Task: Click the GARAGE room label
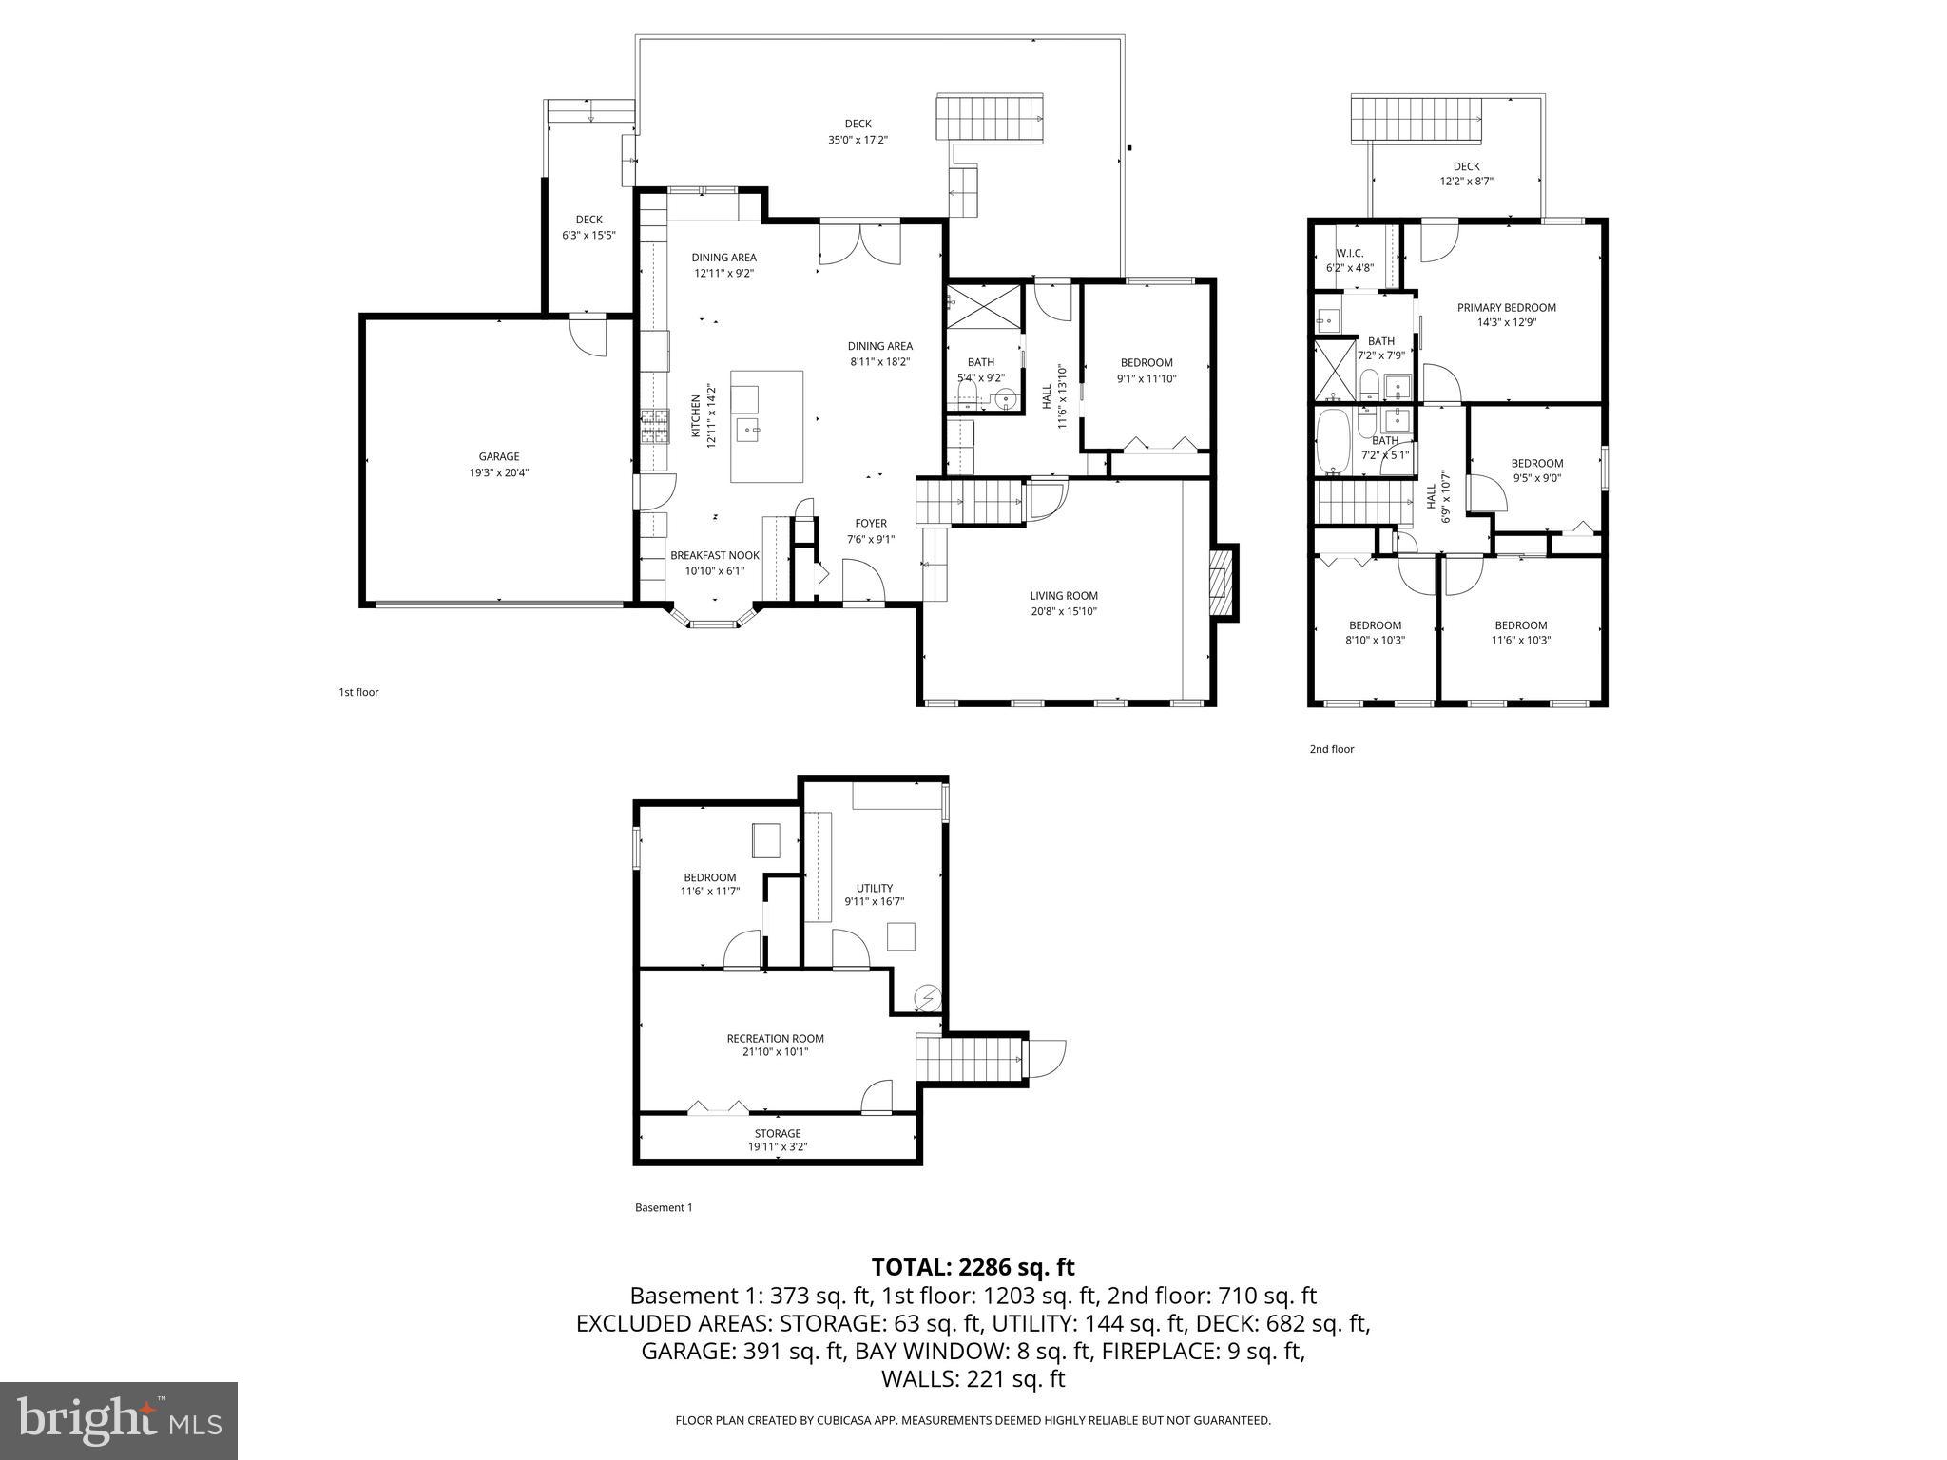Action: (x=498, y=457)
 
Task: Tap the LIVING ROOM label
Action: (x=1063, y=596)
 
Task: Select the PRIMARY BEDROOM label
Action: (x=1506, y=308)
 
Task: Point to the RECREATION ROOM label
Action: (x=775, y=1039)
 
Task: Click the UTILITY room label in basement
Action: (x=874, y=889)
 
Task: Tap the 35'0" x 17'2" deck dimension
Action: (x=858, y=140)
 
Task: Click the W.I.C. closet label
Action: (x=1349, y=254)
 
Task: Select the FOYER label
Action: (x=870, y=524)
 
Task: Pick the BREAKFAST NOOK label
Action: (x=714, y=556)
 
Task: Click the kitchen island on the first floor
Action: (x=766, y=426)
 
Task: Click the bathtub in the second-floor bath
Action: (x=1334, y=442)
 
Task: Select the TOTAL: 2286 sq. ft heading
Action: (x=973, y=1267)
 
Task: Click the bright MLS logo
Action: (x=119, y=1420)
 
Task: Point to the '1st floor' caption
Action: (x=358, y=692)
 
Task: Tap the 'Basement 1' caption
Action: (x=663, y=1207)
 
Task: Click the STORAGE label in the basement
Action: (x=777, y=1133)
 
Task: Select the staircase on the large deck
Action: (x=990, y=117)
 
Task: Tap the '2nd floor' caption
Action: (x=1331, y=749)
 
